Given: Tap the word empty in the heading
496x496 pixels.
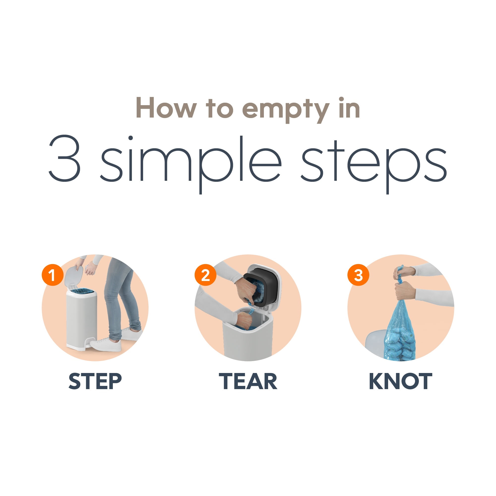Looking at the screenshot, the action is point(286,111).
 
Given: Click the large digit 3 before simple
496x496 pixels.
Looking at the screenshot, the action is point(65,158).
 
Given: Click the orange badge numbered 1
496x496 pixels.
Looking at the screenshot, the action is point(52,275).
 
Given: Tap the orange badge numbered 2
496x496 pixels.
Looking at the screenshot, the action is point(205,275).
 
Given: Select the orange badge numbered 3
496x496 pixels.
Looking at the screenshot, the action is point(358,275).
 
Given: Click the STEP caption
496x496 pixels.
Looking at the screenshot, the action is point(95,381).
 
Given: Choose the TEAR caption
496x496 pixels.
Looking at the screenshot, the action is point(248,381).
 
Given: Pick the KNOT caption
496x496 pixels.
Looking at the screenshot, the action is point(401,381).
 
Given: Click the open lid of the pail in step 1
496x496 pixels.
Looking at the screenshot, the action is point(74,275).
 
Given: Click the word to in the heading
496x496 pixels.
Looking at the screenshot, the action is point(219,109).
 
